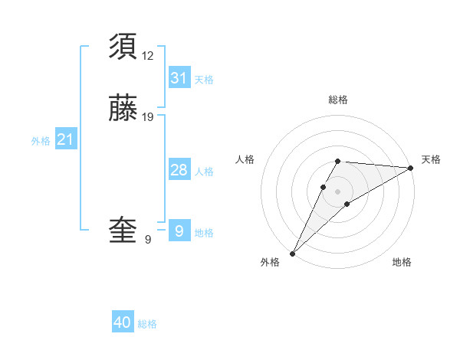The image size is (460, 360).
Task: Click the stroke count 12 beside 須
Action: (148, 55)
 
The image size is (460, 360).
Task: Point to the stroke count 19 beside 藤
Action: (148, 117)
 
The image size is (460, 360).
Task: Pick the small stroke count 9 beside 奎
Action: (148, 240)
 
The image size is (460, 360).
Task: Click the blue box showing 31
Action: (179, 77)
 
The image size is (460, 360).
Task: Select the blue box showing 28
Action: (179, 170)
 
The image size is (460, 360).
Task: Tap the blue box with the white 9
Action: (179, 231)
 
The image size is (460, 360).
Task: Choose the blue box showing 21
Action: (66, 139)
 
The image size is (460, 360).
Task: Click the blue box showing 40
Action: (123, 322)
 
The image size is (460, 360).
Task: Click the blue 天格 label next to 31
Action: (204, 80)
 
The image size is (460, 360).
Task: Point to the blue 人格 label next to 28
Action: (204, 172)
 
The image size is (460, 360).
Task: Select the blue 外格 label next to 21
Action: (41, 141)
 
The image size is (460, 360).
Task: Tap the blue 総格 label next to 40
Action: (147, 324)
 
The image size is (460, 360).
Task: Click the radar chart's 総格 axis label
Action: (338, 100)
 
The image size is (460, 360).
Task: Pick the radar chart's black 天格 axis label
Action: (431, 159)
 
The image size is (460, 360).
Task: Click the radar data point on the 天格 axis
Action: (411, 168)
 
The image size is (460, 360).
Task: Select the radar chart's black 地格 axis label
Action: (402, 262)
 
